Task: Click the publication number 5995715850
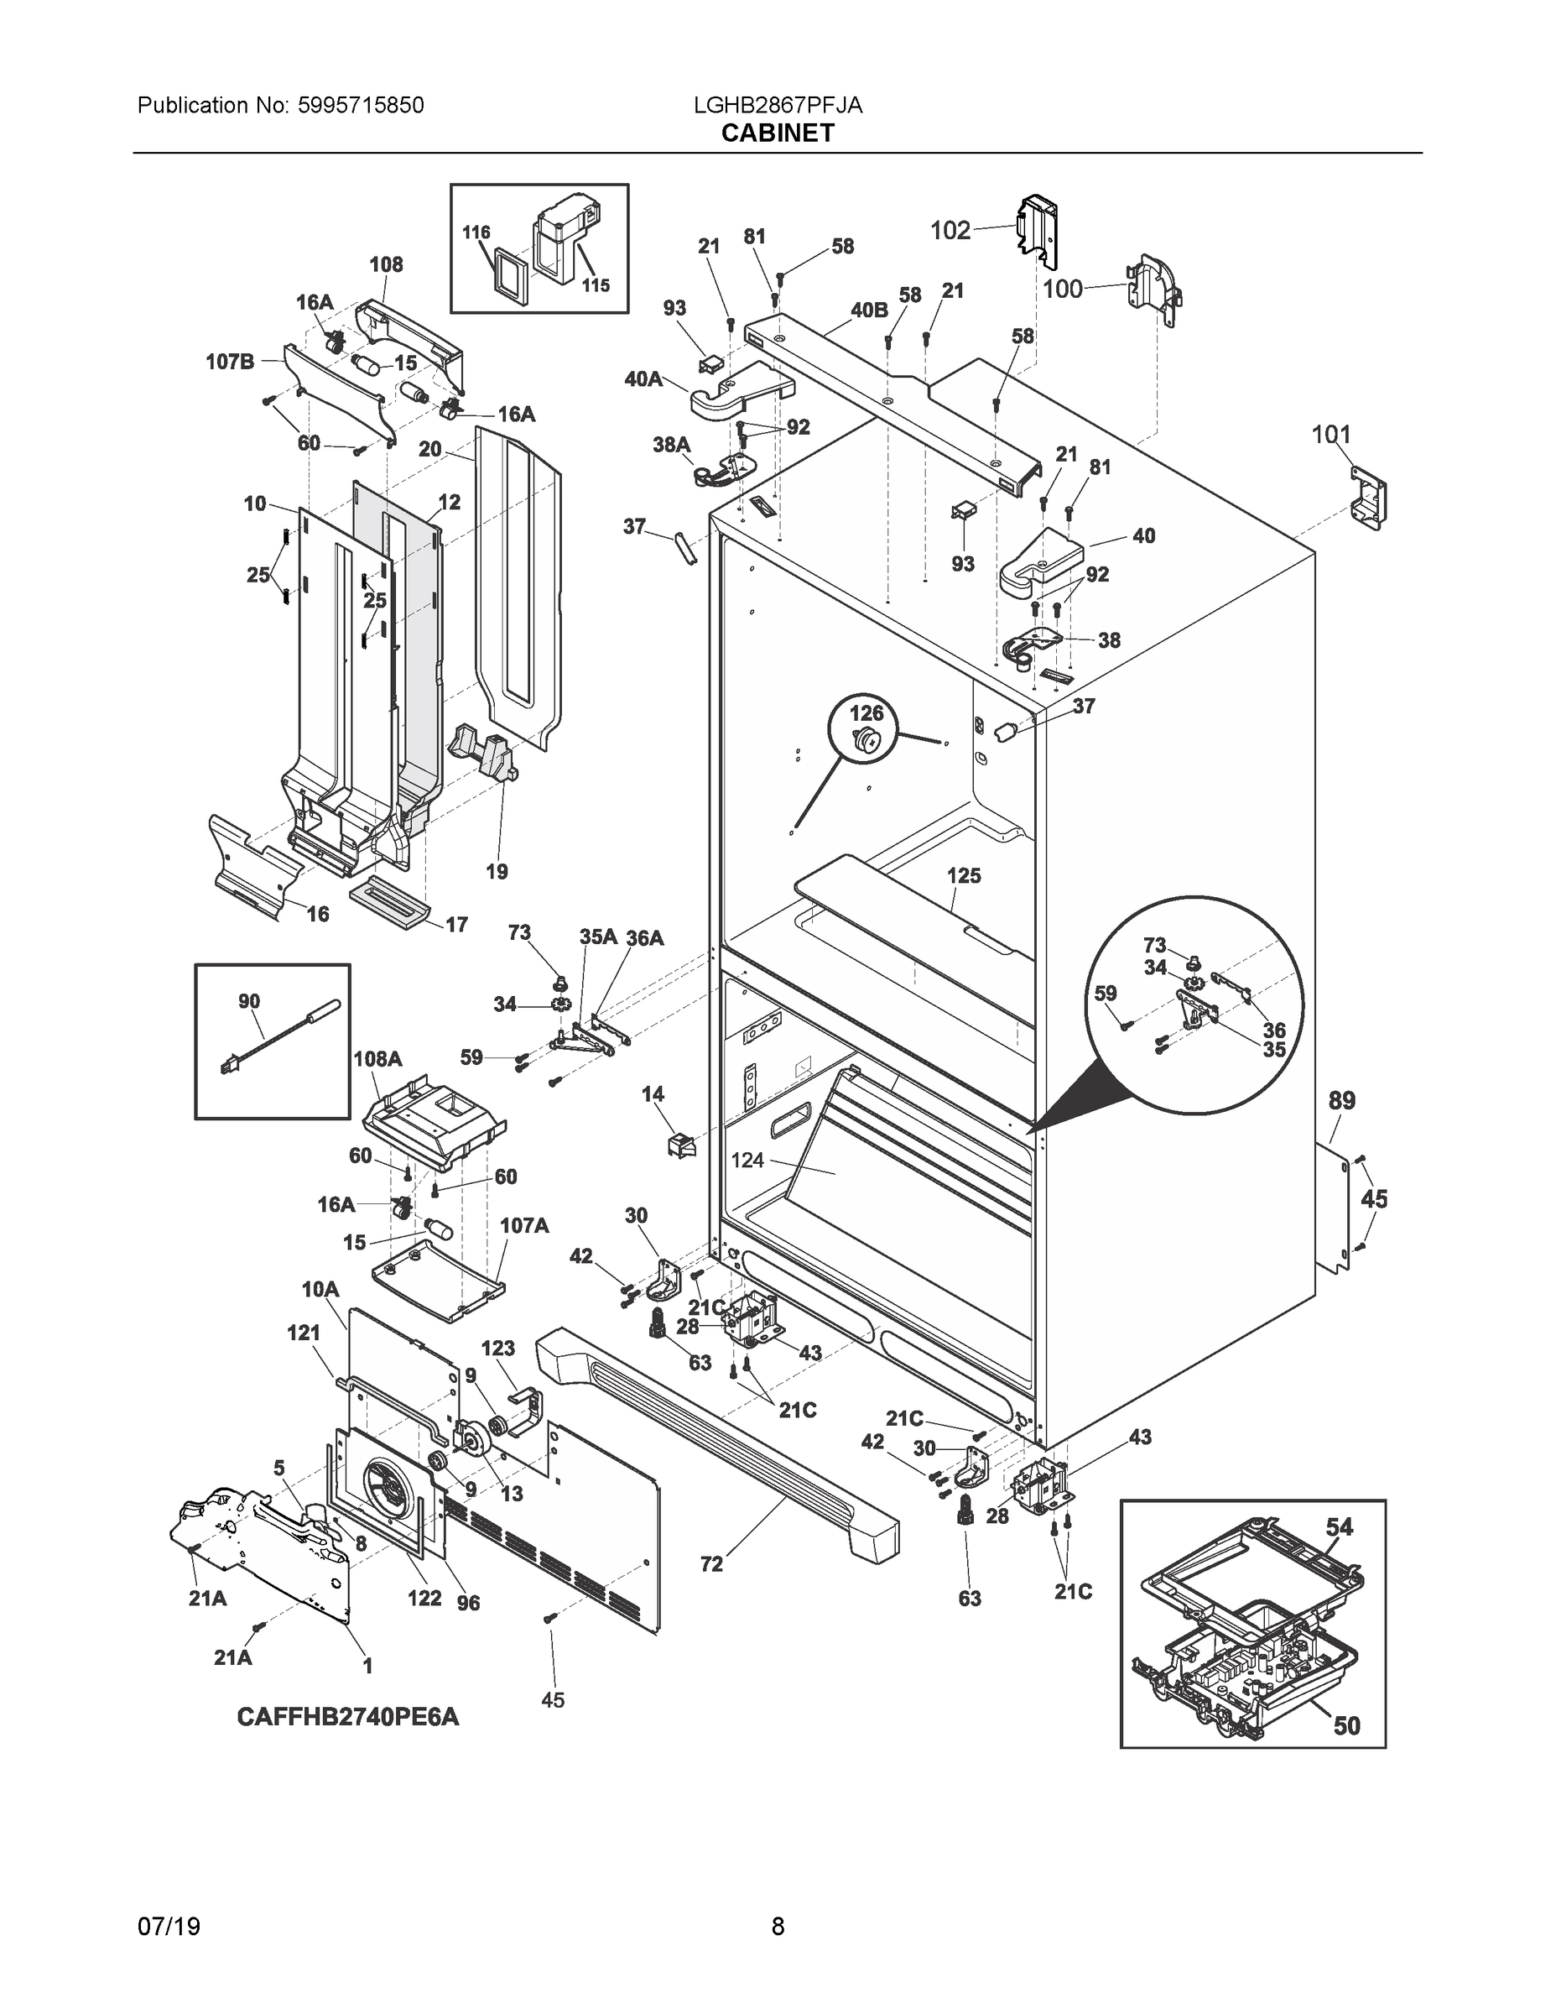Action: point(361,105)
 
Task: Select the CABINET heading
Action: point(777,133)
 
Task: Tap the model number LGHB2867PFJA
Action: point(777,105)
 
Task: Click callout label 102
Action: point(950,230)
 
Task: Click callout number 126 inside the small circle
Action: point(866,712)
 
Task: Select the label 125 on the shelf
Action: point(963,875)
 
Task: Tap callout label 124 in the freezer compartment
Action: point(747,1160)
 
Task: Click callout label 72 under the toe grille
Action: point(711,1564)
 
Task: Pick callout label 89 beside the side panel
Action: point(1341,1100)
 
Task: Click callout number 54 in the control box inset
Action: point(1339,1527)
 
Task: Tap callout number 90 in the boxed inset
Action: point(249,1000)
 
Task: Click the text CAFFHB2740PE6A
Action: point(347,1717)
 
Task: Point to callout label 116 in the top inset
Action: point(476,232)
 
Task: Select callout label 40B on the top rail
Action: point(868,310)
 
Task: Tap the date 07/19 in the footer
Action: point(169,1927)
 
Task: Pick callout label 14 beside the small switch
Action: point(653,1093)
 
